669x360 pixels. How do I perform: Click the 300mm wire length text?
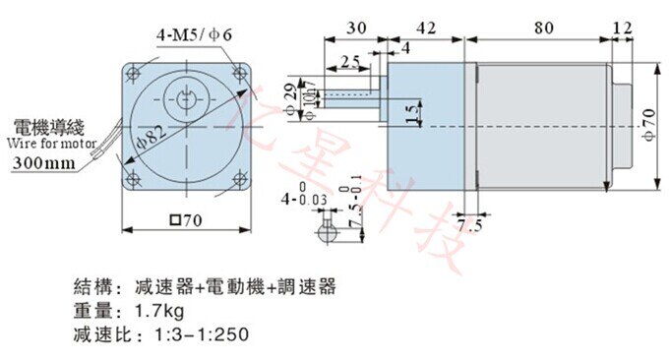(x=45, y=162)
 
